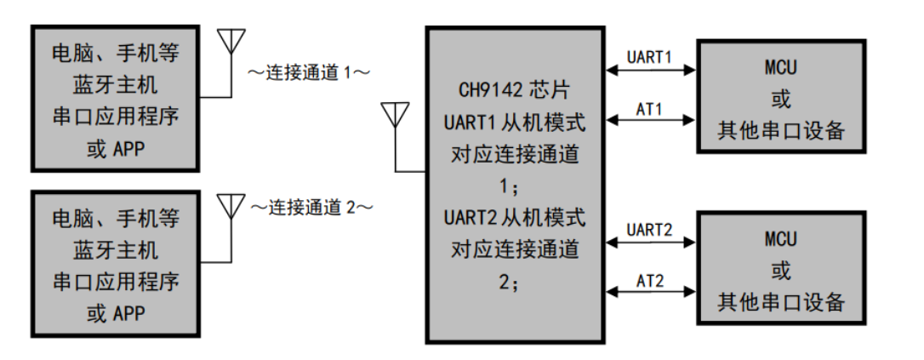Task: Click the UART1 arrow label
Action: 649,58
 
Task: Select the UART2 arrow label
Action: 649,230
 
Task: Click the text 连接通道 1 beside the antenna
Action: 309,72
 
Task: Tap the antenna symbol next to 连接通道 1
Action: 231,43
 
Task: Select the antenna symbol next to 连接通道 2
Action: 231,207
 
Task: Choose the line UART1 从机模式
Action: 514,122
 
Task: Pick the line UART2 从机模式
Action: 514,218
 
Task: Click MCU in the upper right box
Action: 780,67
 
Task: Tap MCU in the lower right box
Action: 780,238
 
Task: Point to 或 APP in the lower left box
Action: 117,314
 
